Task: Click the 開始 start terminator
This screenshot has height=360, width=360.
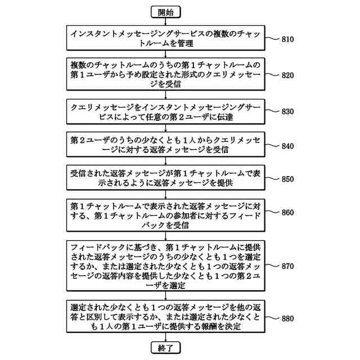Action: click(166, 11)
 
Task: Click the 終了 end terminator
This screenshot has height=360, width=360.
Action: click(166, 349)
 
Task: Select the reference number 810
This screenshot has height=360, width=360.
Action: click(287, 39)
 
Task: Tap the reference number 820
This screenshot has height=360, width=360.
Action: click(287, 75)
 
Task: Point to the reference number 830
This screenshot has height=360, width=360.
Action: click(287, 111)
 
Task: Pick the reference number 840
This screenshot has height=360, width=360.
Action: click(287, 146)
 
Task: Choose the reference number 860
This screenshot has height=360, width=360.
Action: click(287, 213)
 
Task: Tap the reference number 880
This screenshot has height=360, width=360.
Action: click(287, 318)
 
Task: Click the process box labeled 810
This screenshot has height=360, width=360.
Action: click(166, 38)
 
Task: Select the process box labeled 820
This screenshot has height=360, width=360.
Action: click(166, 74)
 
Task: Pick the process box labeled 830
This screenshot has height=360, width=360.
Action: click(166, 111)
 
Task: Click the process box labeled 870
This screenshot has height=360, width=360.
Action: click(166, 266)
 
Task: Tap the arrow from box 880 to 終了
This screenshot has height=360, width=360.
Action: click(166, 338)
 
